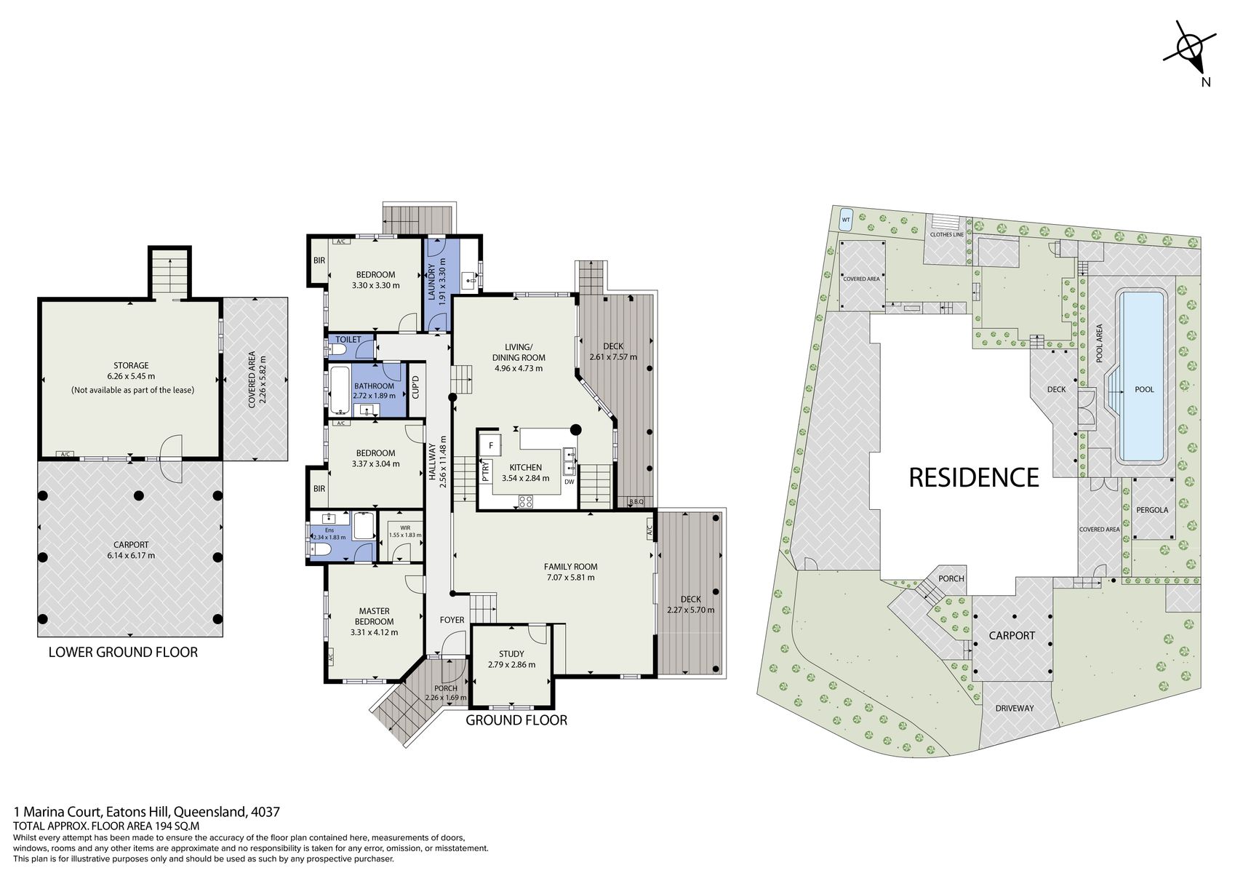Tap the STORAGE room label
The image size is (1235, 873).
(x=131, y=365)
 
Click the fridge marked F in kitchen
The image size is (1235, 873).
(x=491, y=445)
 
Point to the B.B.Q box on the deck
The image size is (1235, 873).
(x=636, y=501)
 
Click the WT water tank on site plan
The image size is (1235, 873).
(x=845, y=220)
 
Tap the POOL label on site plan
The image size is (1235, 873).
(x=1144, y=389)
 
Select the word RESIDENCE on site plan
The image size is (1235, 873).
(x=974, y=477)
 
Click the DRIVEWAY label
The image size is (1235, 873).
(x=1014, y=708)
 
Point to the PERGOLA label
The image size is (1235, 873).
(x=1152, y=510)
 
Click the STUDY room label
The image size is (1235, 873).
(x=511, y=654)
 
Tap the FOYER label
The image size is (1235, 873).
(x=452, y=620)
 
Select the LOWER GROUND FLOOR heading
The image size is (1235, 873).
(x=123, y=652)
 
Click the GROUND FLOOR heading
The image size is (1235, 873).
(x=516, y=720)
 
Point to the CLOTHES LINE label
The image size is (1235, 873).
(x=946, y=235)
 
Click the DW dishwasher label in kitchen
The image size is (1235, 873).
(x=569, y=482)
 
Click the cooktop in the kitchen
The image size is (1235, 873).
(x=525, y=501)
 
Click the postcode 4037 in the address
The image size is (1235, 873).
(x=265, y=812)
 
